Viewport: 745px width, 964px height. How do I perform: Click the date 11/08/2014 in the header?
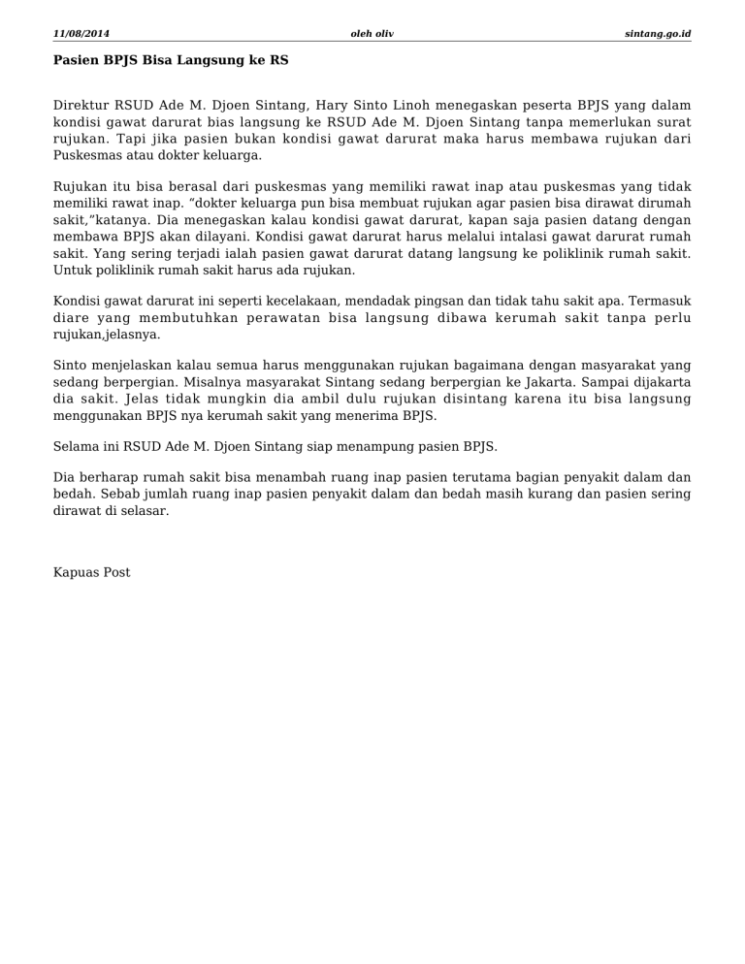81,34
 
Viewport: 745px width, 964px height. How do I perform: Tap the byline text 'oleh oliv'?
372,34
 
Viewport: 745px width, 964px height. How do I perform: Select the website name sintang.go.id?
659,34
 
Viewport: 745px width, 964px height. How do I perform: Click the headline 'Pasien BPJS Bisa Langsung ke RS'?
171,60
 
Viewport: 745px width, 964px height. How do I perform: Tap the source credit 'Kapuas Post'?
92,572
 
